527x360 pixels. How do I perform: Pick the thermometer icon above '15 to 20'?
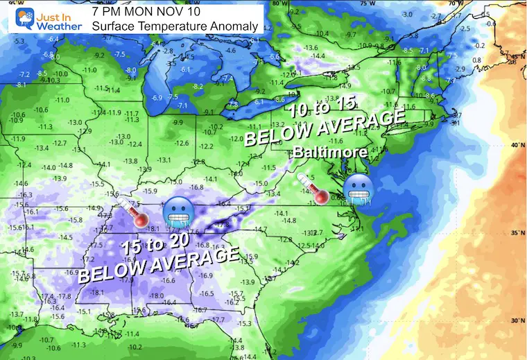tap(133, 212)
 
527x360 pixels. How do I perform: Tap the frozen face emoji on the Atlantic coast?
tap(358, 189)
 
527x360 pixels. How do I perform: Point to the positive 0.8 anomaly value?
tap(477, 60)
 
